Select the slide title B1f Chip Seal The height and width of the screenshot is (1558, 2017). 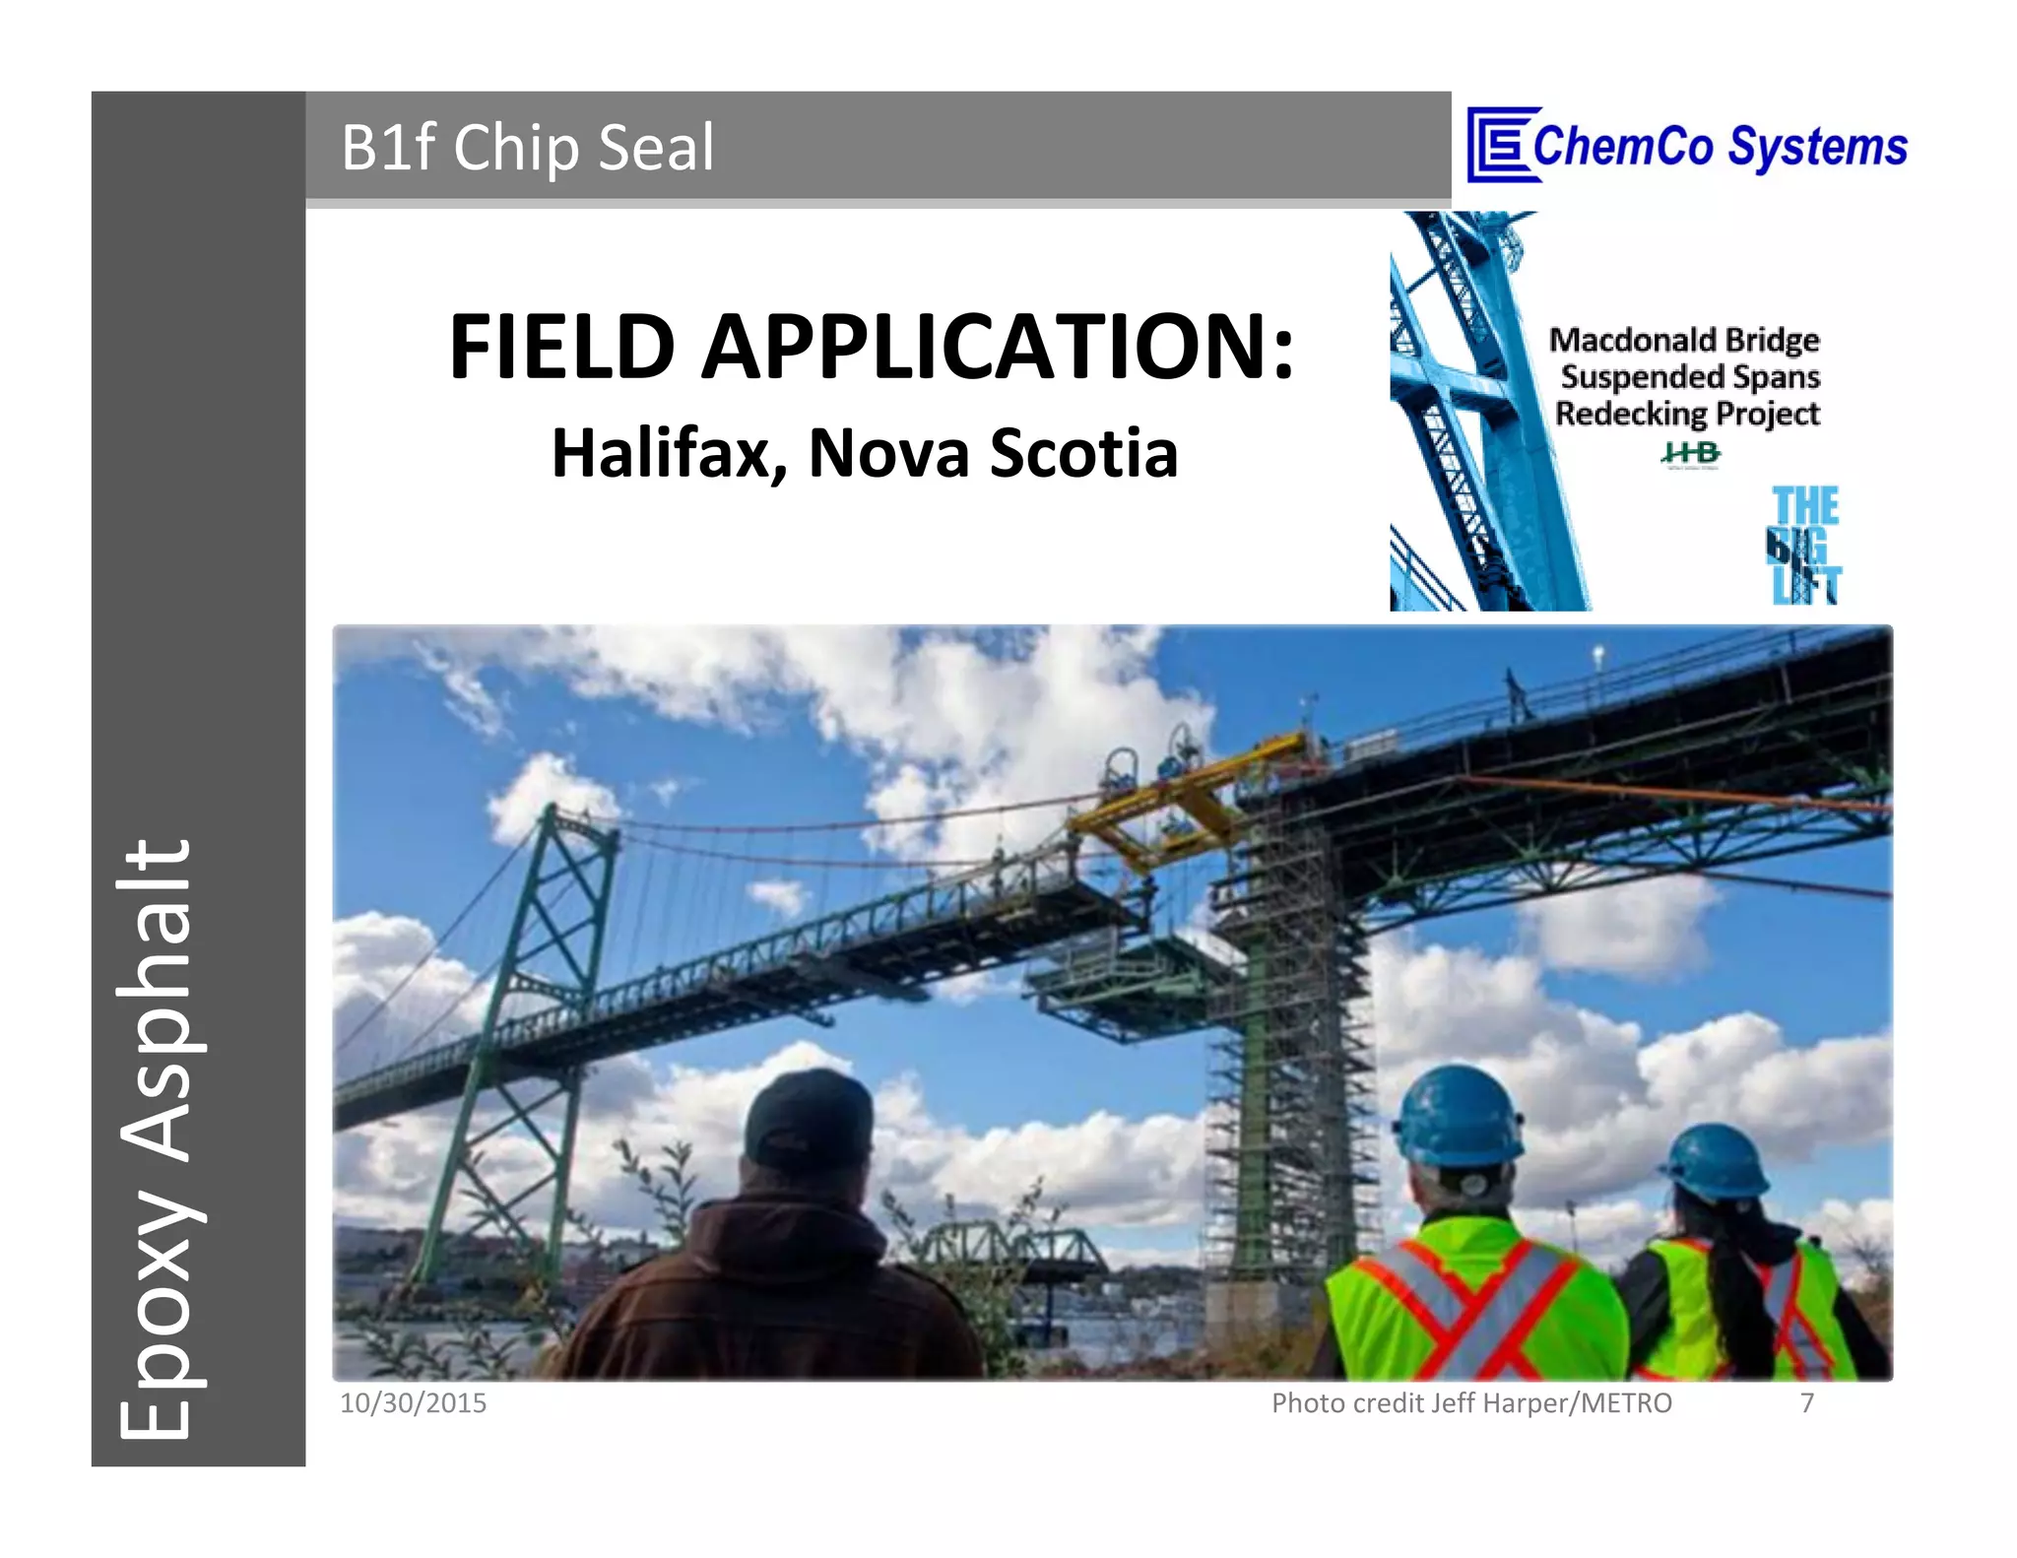coord(527,148)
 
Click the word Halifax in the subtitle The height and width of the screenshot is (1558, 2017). coord(668,454)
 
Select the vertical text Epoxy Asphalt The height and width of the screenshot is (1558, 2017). coord(158,1137)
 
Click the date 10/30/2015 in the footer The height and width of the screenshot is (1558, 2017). coord(413,1402)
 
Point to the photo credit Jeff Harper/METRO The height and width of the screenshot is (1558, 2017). coord(1471,1402)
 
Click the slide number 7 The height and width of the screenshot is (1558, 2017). coord(1806,1402)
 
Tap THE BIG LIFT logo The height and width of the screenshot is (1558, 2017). coord(1804,546)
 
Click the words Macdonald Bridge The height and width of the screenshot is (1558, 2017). coord(1684,340)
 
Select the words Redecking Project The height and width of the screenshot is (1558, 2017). coord(1687,414)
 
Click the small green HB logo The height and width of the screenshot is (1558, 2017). coord(1690,453)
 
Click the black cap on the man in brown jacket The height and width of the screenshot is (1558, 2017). coord(808,1118)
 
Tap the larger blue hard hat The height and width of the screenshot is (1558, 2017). coord(1458,1118)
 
